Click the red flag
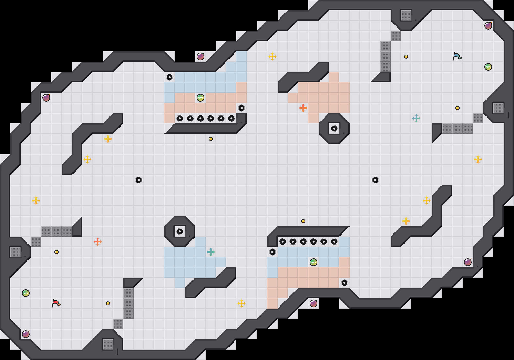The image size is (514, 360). (56, 303)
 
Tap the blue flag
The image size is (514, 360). (457, 57)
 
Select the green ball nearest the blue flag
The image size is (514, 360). (488, 67)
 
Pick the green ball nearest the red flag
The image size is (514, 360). (26, 293)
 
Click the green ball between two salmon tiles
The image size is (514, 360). (200, 98)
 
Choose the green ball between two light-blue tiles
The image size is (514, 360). (314, 262)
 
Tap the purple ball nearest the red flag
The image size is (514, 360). (26, 334)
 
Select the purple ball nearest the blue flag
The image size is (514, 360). (488, 26)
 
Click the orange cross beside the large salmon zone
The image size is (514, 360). (303, 108)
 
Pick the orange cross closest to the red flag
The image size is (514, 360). (98, 242)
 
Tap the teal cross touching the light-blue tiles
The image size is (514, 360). (211, 252)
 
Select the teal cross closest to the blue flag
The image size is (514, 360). (416, 118)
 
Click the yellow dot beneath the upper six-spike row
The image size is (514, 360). (211, 139)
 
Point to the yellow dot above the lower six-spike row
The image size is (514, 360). (303, 221)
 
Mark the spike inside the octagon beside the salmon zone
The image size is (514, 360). (334, 129)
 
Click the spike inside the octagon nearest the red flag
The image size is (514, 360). (180, 231)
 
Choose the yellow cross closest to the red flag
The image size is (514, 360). (36, 201)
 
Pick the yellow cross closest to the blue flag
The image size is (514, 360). (478, 159)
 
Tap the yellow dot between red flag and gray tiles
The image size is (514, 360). (108, 303)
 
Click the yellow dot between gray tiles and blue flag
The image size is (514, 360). (406, 57)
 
